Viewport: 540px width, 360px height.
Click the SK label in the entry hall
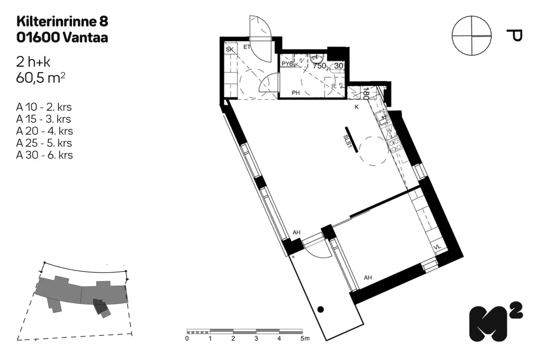coord(229,49)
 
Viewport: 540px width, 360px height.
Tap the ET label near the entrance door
coord(247,47)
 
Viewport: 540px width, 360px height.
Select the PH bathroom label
coord(296,93)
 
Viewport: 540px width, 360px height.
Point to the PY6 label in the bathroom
coord(287,64)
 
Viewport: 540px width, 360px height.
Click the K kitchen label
coord(356,107)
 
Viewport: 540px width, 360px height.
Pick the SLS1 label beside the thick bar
coord(346,141)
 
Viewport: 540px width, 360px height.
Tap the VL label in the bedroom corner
coord(437,247)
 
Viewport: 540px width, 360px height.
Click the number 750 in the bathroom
coord(319,66)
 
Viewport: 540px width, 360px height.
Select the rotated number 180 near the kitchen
coord(366,94)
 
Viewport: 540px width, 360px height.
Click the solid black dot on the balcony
coord(320,309)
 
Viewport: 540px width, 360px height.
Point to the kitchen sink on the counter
coord(382,117)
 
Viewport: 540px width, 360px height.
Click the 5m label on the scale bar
coord(305,338)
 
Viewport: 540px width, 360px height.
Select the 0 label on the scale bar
coord(187,338)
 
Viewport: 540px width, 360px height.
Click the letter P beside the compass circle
coord(514,36)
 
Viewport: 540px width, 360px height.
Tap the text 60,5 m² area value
coord(40,78)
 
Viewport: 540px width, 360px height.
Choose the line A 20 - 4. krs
coord(45,131)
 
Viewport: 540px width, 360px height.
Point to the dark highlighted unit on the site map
coord(100,306)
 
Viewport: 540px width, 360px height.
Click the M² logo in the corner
coord(495,322)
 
